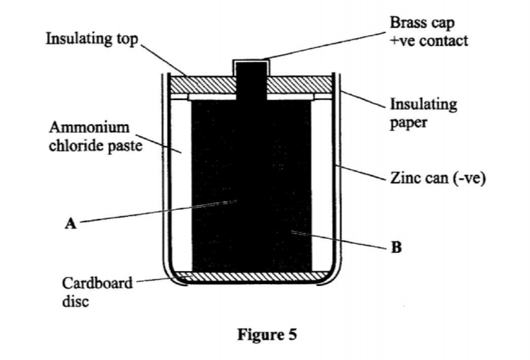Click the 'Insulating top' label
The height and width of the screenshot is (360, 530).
(x=92, y=37)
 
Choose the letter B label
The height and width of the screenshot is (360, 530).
(x=396, y=247)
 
